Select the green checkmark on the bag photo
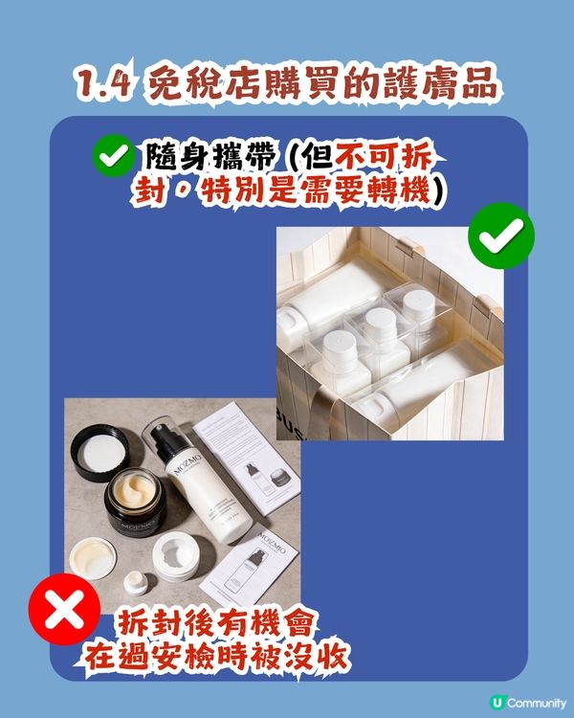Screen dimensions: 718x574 501,234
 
